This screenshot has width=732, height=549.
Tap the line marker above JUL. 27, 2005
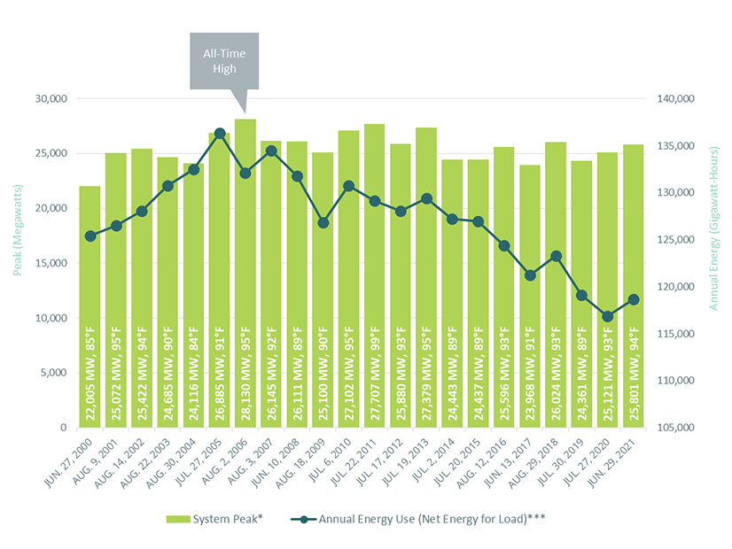[220, 134]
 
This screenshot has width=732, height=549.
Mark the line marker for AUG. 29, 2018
[556, 257]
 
